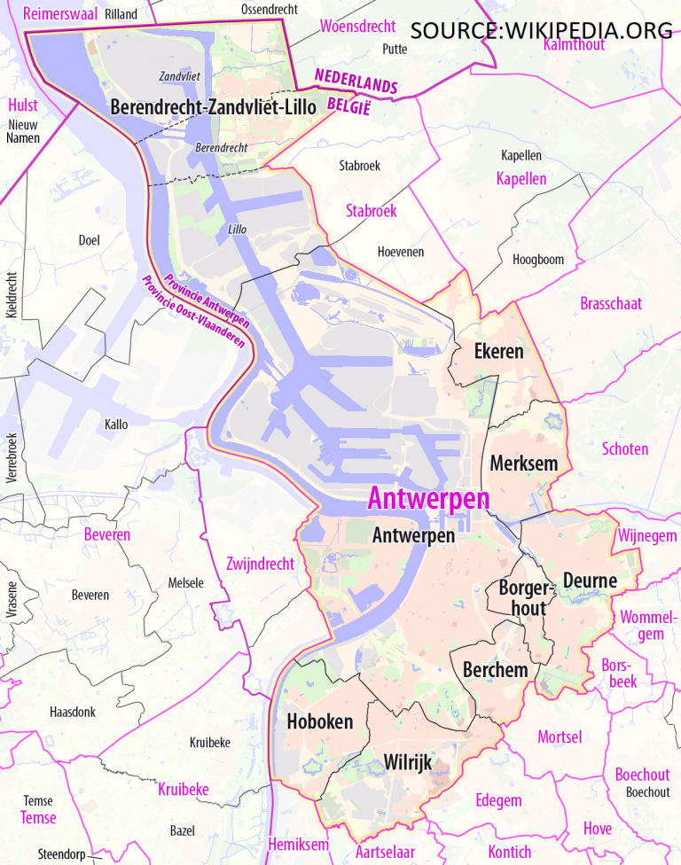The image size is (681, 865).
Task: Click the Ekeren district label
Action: (x=498, y=351)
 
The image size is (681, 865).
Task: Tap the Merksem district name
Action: (x=523, y=463)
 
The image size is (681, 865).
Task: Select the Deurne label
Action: (x=590, y=581)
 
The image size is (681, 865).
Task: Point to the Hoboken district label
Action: (x=319, y=721)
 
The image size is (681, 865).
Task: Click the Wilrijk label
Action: (x=411, y=760)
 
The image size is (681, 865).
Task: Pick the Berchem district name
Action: (x=495, y=670)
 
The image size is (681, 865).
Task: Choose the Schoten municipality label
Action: (x=624, y=448)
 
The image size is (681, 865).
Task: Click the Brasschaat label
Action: (x=611, y=304)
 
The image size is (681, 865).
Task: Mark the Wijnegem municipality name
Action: (x=646, y=536)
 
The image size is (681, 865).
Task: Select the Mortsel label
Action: (x=560, y=736)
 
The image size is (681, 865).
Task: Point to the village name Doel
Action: (x=89, y=239)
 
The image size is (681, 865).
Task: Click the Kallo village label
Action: (x=115, y=425)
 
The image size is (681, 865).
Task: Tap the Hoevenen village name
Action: (x=400, y=252)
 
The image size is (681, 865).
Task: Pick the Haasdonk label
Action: (x=73, y=712)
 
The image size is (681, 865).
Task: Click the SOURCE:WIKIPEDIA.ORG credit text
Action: (x=541, y=30)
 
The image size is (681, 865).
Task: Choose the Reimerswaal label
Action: (x=59, y=13)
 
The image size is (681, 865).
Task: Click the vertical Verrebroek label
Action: (x=12, y=456)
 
